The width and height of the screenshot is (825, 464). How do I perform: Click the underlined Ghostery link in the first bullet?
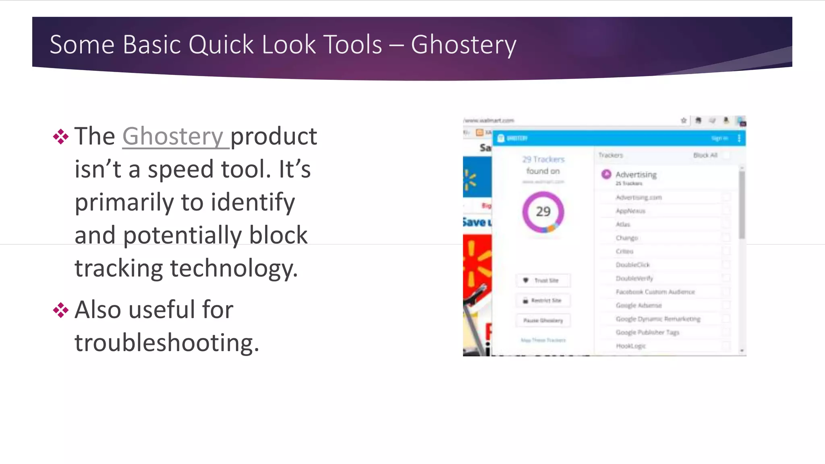173,136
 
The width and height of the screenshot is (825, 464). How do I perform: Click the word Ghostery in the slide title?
463,44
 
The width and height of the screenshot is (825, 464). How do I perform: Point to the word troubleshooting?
166,343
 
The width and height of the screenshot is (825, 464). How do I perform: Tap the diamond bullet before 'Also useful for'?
60,310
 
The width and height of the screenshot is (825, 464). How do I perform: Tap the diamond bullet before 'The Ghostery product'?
60,137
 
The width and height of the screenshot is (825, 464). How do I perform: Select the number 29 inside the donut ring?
543,211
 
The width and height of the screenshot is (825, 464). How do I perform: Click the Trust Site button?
543,280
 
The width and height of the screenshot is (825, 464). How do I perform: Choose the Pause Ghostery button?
543,321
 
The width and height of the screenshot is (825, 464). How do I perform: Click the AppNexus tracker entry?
630,211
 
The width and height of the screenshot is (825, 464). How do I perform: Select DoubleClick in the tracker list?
632,265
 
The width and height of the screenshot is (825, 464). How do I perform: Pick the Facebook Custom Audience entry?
655,292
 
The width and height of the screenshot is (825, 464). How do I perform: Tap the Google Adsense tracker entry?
638,305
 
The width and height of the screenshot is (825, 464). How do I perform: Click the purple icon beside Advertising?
606,174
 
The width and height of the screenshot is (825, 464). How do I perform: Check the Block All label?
705,155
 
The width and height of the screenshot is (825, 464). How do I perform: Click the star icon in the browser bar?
684,120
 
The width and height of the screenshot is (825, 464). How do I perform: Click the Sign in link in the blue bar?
719,139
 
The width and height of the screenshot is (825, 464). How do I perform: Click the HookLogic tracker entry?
630,346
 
